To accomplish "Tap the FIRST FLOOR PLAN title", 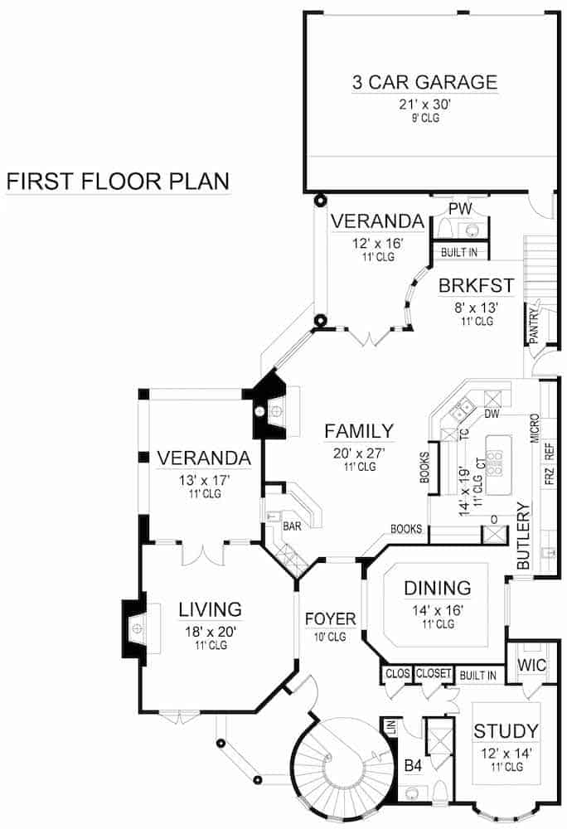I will pyautogui.click(x=118, y=181).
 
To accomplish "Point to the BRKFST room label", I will pyautogui.click(x=477, y=287).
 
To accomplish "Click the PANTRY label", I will pyautogui.click(x=535, y=324).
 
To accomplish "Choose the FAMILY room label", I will pyautogui.click(x=358, y=431).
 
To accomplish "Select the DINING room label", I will pyautogui.click(x=437, y=589).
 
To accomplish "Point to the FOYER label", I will pyautogui.click(x=330, y=618).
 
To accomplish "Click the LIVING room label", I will pyautogui.click(x=211, y=610).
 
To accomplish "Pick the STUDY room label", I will pyautogui.click(x=506, y=731).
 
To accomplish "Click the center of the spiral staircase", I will pyautogui.click(x=341, y=771).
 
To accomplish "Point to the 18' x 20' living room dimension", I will pyautogui.click(x=211, y=630).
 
